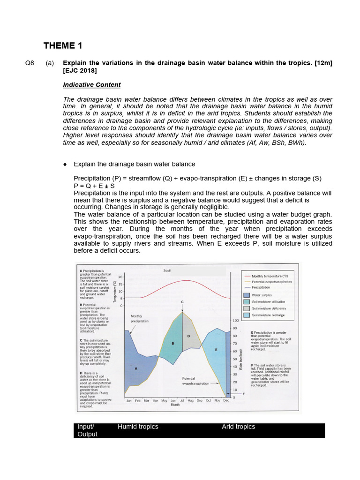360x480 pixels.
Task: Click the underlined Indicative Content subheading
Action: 91,85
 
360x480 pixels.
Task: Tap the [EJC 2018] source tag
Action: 80,70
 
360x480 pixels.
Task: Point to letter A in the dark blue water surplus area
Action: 136,368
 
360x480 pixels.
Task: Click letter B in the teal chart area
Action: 173,344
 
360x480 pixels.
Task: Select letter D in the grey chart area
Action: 188,336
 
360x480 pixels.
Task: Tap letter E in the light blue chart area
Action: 216,350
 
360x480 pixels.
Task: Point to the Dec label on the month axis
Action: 226,401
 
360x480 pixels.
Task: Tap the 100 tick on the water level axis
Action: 236,321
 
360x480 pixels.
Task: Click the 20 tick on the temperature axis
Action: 120,277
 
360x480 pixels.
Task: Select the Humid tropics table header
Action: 138,427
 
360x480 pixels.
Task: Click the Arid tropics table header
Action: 238,427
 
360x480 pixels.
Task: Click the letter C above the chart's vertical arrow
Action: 182,301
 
